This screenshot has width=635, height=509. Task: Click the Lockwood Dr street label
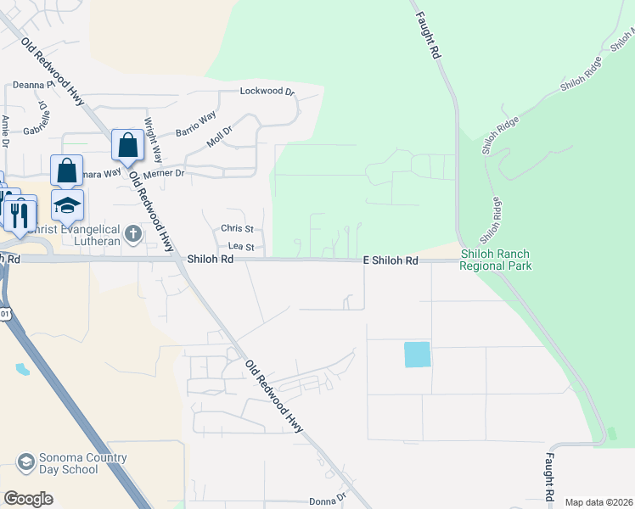267,92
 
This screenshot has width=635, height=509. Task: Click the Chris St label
237,229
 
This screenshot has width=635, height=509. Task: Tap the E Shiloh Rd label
391,261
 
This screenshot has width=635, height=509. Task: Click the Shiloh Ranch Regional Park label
496,260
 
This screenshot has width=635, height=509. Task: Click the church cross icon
132,232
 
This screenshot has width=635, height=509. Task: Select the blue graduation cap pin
68,206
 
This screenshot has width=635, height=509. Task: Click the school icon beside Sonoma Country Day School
25,463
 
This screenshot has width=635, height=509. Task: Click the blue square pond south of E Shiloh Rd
417,355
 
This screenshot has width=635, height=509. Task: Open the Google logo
28,499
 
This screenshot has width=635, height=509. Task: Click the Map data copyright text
598,502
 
